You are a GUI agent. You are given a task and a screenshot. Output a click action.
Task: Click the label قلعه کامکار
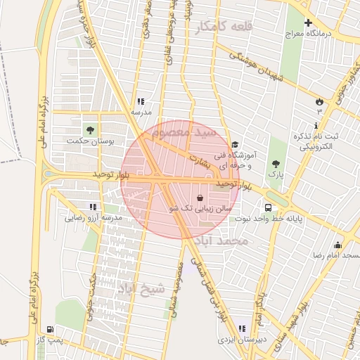tap(224, 26)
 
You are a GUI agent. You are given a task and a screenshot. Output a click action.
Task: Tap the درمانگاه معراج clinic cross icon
tap(308, 22)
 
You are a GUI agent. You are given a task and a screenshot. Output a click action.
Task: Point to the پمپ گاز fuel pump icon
tap(49, 329)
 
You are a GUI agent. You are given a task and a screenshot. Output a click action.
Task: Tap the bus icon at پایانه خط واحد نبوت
tap(269, 207)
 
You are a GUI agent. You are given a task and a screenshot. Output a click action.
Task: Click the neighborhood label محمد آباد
tap(223, 241)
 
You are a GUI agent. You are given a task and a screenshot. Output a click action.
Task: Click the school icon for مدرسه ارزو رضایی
tap(92, 207)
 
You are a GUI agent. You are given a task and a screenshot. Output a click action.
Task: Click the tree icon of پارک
tap(275, 163)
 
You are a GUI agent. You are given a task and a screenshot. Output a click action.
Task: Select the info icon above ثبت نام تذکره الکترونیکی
tap(316, 124)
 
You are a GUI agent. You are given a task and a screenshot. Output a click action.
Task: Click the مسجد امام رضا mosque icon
tap(338, 245)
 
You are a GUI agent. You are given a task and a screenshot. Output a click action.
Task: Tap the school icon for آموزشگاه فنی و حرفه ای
tap(234, 144)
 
